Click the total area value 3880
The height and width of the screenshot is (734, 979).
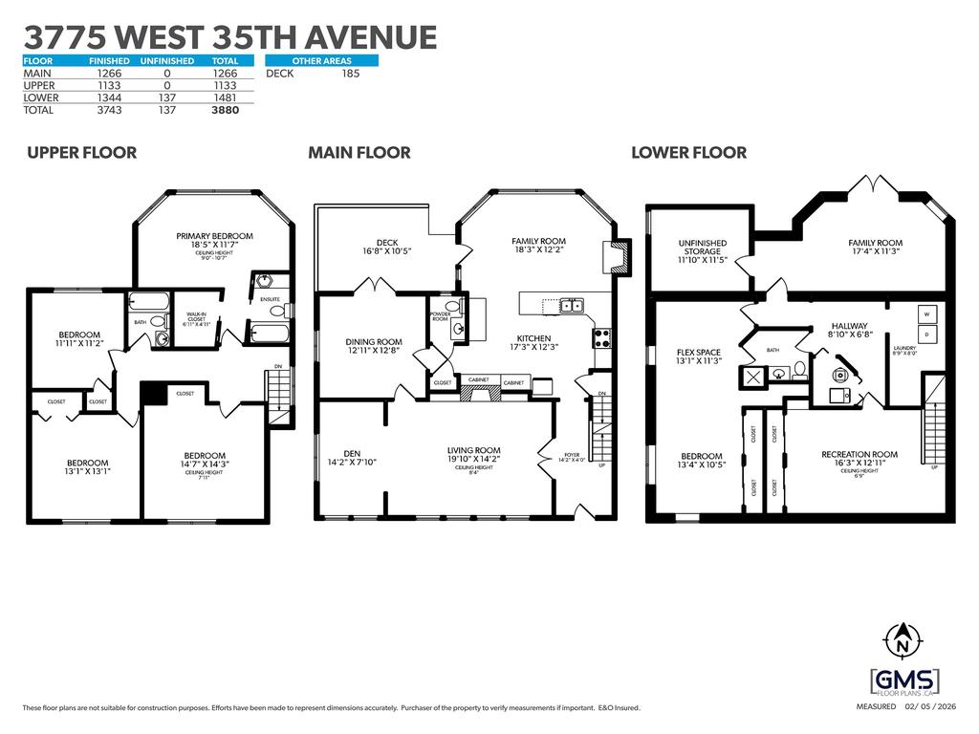(x=224, y=110)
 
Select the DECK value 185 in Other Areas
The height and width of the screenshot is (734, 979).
(x=350, y=73)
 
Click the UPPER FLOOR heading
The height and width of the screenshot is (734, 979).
(x=81, y=153)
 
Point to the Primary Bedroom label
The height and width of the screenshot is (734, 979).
(x=214, y=236)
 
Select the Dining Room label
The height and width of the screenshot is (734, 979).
(x=373, y=341)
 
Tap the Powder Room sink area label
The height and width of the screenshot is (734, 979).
(x=441, y=315)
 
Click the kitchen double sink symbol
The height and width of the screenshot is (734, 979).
(x=572, y=306)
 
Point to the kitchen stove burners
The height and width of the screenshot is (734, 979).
(x=603, y=336)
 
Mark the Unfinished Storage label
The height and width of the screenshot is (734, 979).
(x=703, y=248)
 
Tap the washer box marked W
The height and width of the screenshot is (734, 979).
(x=926, y=313)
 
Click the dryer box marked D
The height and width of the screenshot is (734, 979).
(x=926, y=335)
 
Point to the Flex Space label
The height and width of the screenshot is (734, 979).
(x=698, y=353)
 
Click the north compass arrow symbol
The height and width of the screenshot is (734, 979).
(x=900, y=636)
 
